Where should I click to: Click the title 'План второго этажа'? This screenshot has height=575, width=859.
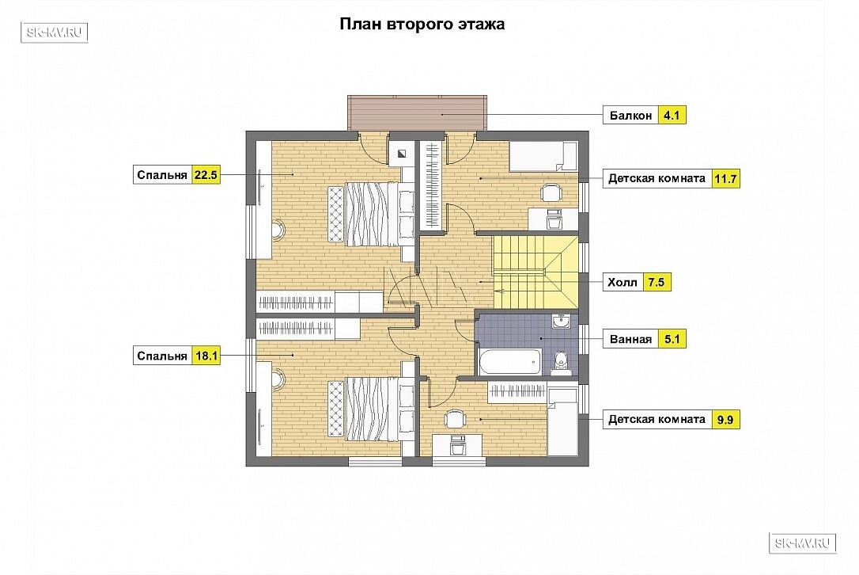click(422, 25)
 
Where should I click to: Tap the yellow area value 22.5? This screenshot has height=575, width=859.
click(206, 175)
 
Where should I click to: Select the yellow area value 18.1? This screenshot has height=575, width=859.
click(206, 356)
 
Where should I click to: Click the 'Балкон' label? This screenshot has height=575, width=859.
click(630, 115)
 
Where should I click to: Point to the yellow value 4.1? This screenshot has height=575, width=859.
click(672, 115)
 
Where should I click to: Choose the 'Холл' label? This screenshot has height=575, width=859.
click(622, 283)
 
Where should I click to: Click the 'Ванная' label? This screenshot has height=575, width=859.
click(630, 339)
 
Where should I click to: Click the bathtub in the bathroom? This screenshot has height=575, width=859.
click(510, 361)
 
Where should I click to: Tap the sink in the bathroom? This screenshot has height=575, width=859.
click(561, 321)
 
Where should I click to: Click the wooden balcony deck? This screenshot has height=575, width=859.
click(417, 113)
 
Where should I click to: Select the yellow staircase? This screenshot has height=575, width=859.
click(535, 272)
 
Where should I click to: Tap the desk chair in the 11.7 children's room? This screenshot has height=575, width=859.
click(551, 192)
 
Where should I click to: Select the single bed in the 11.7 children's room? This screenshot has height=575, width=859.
click(543, 157)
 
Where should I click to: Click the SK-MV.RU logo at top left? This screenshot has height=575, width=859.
click(55, 32)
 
